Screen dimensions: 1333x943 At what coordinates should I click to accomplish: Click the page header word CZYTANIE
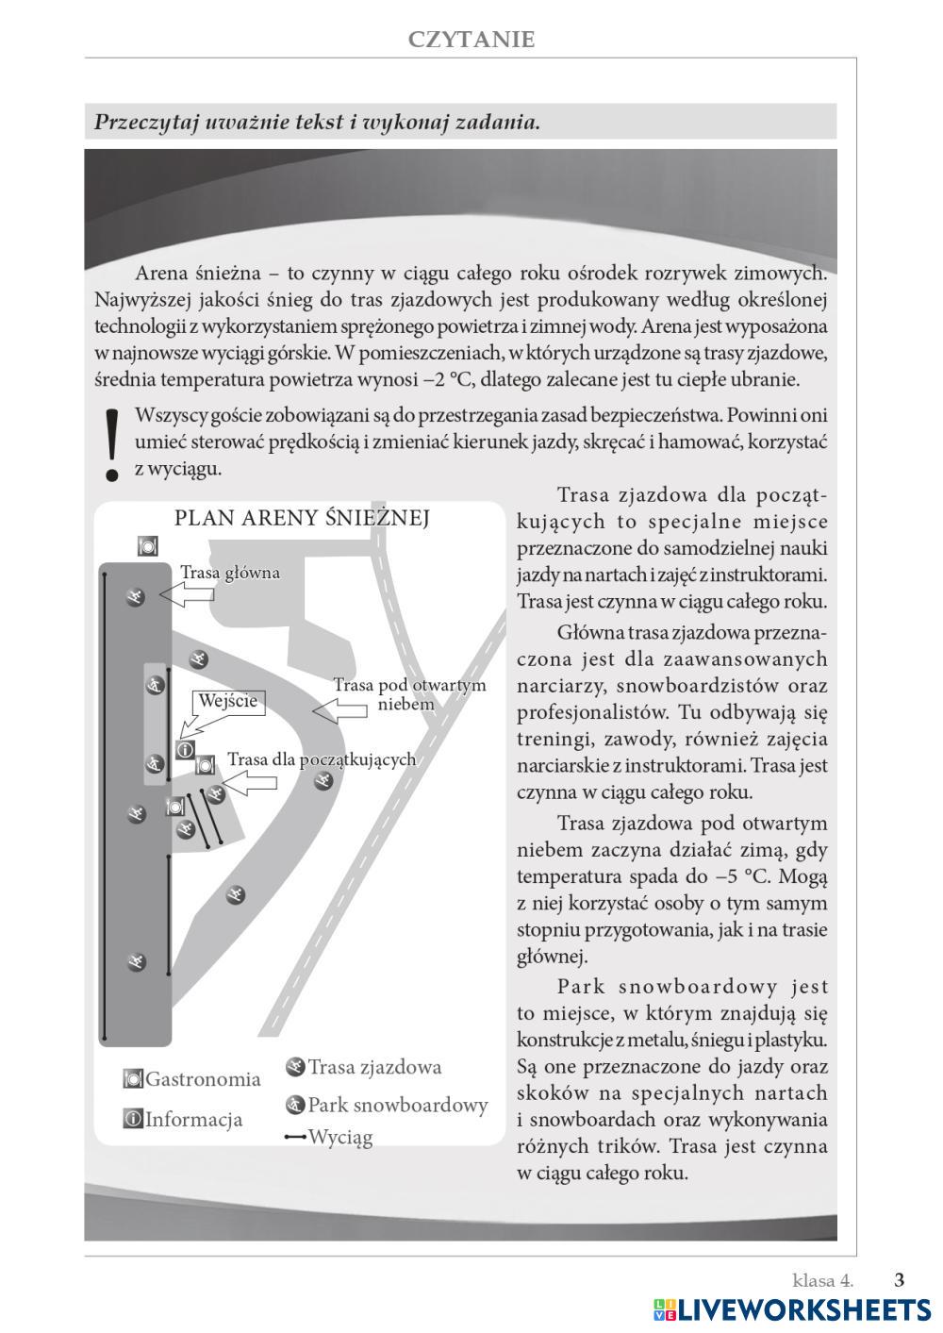471,40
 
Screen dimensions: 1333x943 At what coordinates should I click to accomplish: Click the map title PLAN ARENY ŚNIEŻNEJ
302,518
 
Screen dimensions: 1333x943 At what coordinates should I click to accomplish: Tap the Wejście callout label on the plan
227,701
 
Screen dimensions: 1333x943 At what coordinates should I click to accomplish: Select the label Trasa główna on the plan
229,573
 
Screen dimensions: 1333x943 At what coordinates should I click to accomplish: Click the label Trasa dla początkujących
321,759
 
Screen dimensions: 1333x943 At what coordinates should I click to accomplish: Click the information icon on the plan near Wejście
186,750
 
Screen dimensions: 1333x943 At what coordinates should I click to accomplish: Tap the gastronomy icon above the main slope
147,545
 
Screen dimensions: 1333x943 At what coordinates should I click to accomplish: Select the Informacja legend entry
182,1120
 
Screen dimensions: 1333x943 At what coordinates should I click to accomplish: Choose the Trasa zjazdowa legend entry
363,1067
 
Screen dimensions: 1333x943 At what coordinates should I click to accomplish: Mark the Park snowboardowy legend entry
387,1105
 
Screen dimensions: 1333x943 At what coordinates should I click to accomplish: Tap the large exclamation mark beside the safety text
113,444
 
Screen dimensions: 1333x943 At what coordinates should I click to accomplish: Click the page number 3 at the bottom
899,1280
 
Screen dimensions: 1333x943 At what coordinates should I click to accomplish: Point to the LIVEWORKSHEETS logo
792,1310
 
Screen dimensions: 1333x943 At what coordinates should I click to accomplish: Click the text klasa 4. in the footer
822,1280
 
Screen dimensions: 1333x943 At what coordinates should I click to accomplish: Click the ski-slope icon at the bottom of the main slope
138,962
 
